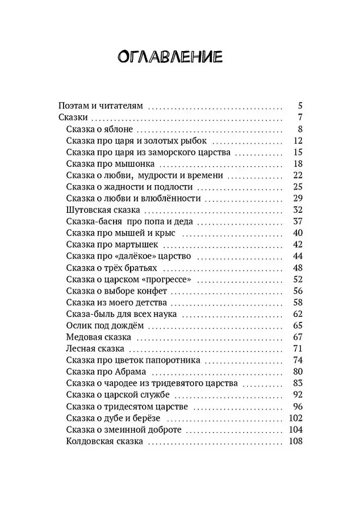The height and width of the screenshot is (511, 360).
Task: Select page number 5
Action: [300, 106]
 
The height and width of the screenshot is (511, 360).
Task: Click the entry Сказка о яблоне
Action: [99, 129]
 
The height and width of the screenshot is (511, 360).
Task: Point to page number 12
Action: [298, 140]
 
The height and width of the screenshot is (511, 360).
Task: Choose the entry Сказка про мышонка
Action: [103, 164]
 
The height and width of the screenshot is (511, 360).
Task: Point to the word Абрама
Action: [132, 372]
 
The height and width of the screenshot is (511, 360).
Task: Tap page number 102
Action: [295, 418]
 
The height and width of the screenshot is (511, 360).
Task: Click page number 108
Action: [295, 442]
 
